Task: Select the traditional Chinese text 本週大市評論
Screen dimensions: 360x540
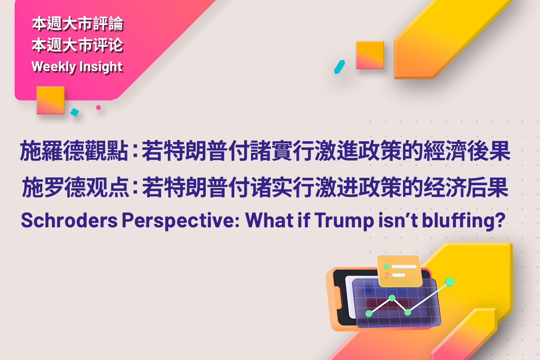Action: click(78, 24)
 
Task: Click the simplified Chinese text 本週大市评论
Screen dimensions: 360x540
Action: click(78, 45)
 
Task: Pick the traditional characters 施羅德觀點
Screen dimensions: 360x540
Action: click(74, 152)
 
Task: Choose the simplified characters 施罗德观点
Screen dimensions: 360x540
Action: click(74, 189)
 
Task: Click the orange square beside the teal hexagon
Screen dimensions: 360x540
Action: click(370, 55)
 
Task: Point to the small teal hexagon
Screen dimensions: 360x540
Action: click(340, 67)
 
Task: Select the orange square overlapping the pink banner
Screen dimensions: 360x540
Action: click(50, 100)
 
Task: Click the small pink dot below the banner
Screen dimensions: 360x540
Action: click(98, 107)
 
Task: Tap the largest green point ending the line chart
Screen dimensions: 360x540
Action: click(450, 282)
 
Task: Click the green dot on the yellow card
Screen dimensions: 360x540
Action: click(387, 267)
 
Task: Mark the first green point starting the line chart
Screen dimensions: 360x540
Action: click(369, 313)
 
